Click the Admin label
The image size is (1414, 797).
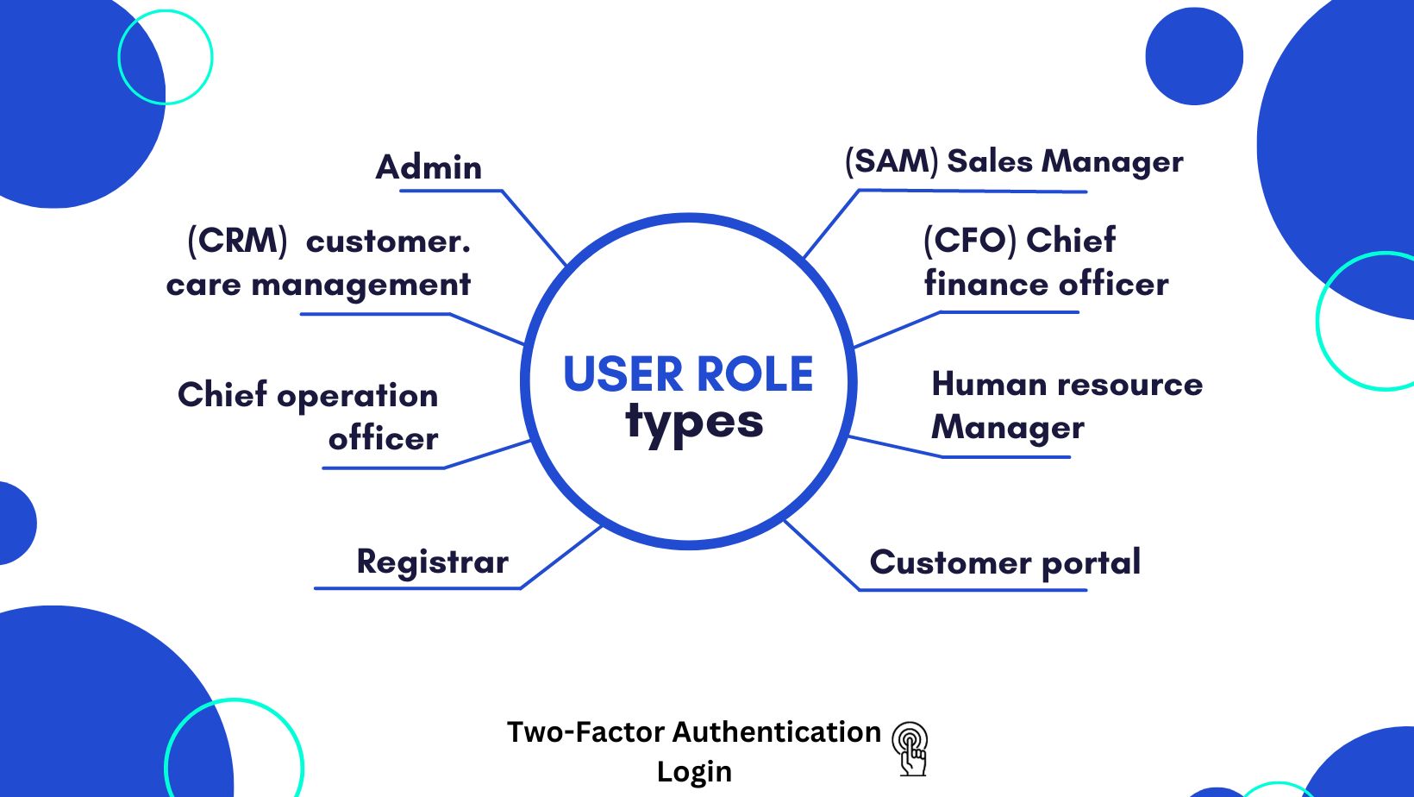[429, 167]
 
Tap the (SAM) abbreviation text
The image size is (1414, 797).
[892, 161]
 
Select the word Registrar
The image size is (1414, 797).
[432, 562]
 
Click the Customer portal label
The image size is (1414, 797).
[1004, 562]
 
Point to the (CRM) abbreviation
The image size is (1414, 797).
[237, 241]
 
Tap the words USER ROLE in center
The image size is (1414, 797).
[688, 374]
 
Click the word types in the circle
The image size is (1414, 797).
[694, 423]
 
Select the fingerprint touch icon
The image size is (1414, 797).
[910, 748]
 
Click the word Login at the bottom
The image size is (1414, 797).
[694, 771]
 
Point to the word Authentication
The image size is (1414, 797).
[776, 731]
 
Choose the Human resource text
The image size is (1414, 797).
[1067, 385]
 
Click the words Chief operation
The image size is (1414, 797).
[308, 395]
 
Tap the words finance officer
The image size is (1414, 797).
[1046, 284]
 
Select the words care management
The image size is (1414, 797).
[318, 285]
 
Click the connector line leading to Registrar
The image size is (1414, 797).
[560, 557]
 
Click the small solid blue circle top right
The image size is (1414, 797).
[1194, 57]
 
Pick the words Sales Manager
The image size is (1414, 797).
[1065, 161]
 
